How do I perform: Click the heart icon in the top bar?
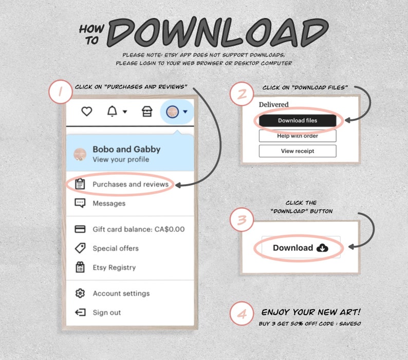click(87, 112)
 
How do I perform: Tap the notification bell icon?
click(112, 111)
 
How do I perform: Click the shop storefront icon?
click(147, 112)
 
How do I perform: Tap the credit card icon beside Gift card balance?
click(80, 229)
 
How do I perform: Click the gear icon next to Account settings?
click(80, 293)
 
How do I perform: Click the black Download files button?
click(298, 120)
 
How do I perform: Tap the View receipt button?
click(298, 151)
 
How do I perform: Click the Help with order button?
click(298, 136)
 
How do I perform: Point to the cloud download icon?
click(322, 248)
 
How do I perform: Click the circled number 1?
click(60, 92)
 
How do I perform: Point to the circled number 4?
click(242, 314)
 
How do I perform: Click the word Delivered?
click(273, 104)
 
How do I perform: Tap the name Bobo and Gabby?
click(126, 149)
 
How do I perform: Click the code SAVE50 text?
click(350, 324)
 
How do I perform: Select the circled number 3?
click(242, 220)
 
